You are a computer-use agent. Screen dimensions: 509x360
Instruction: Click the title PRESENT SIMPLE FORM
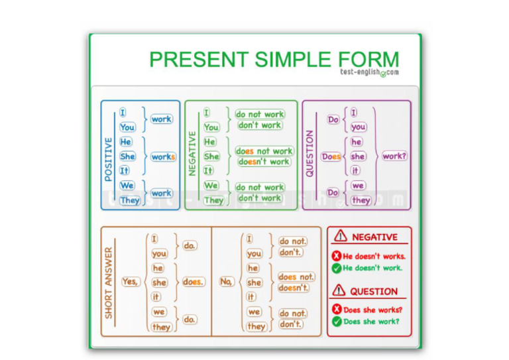[274, 59]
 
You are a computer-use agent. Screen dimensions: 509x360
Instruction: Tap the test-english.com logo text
[370, 72]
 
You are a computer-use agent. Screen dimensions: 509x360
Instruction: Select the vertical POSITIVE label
[109, 158]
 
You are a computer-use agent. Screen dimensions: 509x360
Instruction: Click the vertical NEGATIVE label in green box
[193, 153]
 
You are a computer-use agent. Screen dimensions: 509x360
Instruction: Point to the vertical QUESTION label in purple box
[310, 154]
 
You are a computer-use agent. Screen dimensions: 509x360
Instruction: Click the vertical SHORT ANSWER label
[109, 283]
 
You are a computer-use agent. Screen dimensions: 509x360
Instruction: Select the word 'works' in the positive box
[163, 157]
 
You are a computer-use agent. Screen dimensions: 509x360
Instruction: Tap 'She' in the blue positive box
[128, 156]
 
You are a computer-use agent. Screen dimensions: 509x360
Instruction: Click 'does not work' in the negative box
[264, 151]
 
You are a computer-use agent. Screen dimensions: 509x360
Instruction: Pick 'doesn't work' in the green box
[264, 162]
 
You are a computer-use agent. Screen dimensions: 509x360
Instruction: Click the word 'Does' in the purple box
[331, 157]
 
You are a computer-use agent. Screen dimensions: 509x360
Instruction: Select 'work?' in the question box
[394, 156]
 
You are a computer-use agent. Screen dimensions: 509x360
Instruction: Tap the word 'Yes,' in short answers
[131, 282]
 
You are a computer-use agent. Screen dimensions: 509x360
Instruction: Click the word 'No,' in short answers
[227, 282]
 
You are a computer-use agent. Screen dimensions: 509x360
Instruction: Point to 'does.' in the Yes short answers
[193, 282]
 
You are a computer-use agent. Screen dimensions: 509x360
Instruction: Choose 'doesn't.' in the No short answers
[294, 288]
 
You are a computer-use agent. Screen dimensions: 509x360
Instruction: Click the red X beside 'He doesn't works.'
[336, 257]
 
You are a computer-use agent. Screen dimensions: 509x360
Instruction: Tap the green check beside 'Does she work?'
[337, 322]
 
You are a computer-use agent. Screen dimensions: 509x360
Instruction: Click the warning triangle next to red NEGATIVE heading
[341, 236]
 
